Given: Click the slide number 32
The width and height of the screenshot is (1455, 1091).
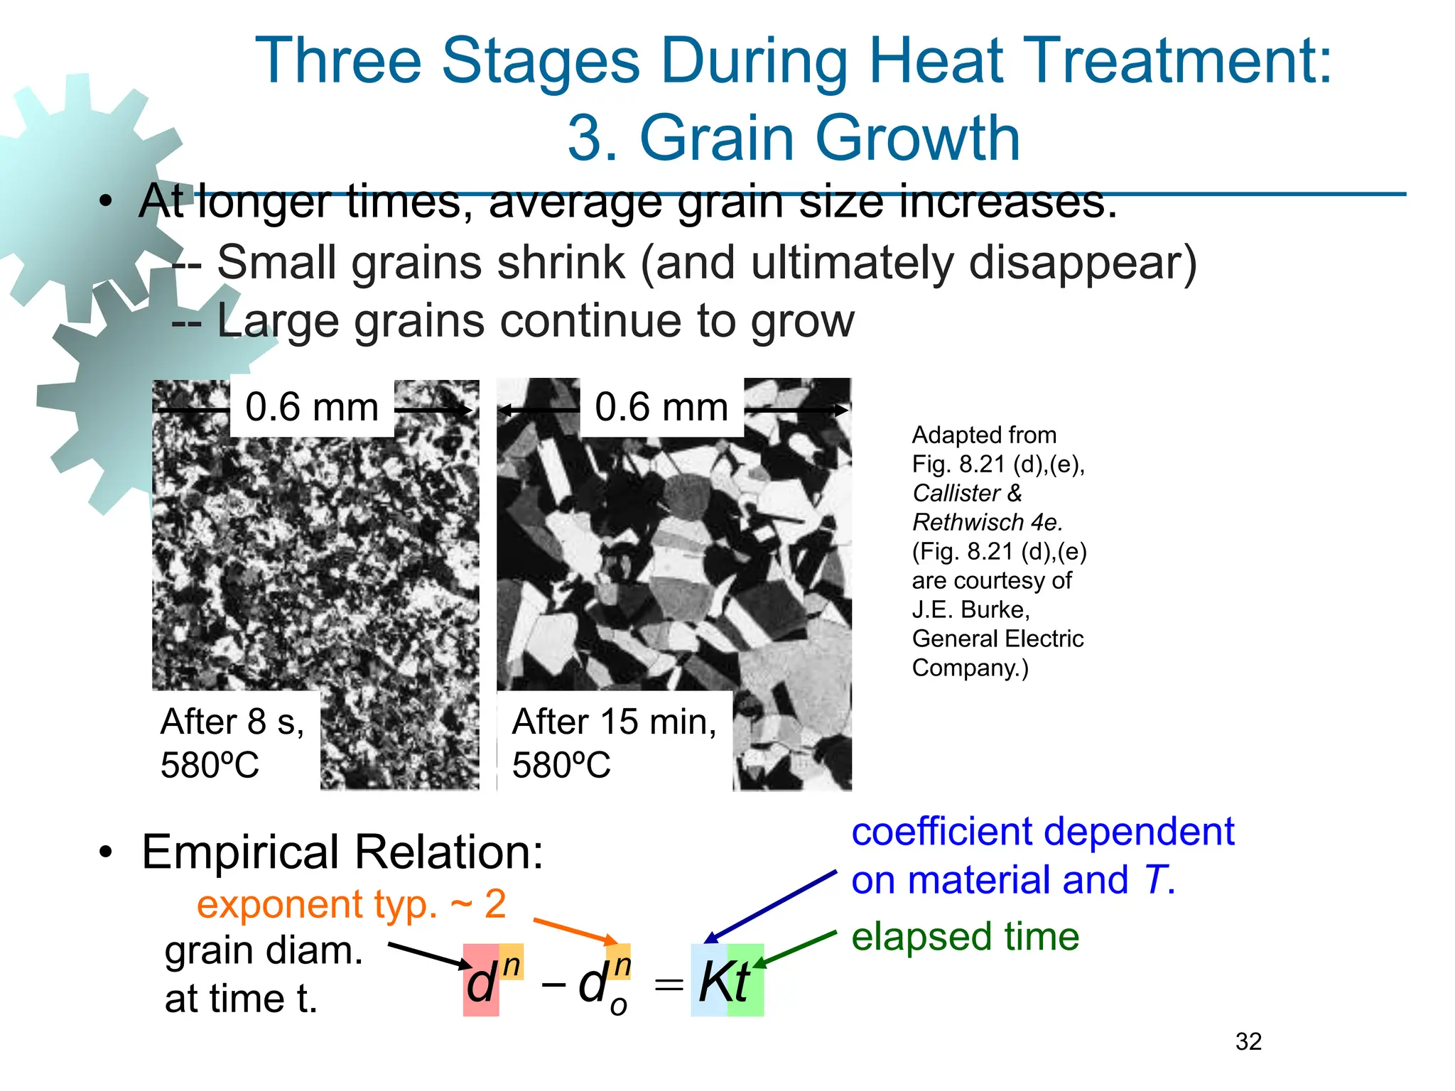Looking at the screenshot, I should pyautogui.click(x=1248, y=1041).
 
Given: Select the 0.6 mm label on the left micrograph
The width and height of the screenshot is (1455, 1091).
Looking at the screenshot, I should pyautogui.click(x=312, y=408).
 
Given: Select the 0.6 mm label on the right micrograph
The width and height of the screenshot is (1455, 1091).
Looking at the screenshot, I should pyautogui.click(x=661, y=408).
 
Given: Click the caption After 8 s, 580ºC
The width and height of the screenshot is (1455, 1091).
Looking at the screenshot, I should pyautogui.click(x=233, y=743).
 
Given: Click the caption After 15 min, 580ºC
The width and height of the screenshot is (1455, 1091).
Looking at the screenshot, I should pyautogui.click(x=614, y=743).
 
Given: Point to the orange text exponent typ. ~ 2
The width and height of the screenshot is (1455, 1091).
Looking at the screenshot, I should pyautogui.click(x=351, y=904).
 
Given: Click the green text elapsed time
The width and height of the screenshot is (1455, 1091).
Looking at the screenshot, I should pyautogui.click(x=965, y=936).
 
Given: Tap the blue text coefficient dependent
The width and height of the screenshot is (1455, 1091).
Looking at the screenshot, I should pyautogui.click(x=1042, y=831).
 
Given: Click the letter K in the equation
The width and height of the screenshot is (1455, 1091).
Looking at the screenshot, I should pyautogui.click(x=713, y=982).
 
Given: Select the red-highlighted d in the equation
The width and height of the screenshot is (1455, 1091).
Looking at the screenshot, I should pyautogui.click(x=480, y=985).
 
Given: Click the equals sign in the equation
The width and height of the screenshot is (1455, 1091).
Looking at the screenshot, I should pyautogui.click(x=668, y=985).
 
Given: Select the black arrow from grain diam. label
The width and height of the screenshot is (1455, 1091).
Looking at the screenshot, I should pyautogui.click(x=430, y=955).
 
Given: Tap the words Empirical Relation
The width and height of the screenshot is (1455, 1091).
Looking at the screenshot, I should pyautogui.click(x=342, y=852).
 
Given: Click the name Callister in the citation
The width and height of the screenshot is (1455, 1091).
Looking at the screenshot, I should pyautogui.click(x=956, y=493).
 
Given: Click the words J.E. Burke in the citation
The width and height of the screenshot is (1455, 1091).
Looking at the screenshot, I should pyautogui.click(x=970, y=609).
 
